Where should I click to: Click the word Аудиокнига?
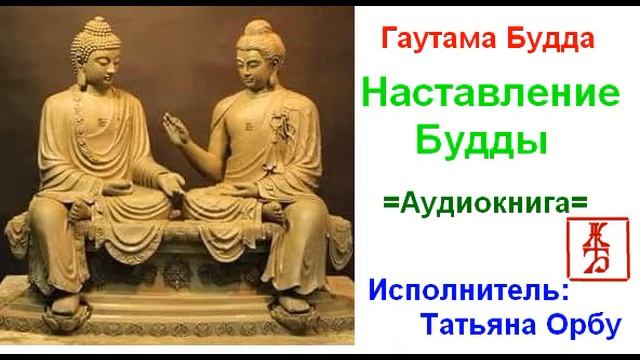point(486,202)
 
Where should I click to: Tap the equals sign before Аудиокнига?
point(390,202)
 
